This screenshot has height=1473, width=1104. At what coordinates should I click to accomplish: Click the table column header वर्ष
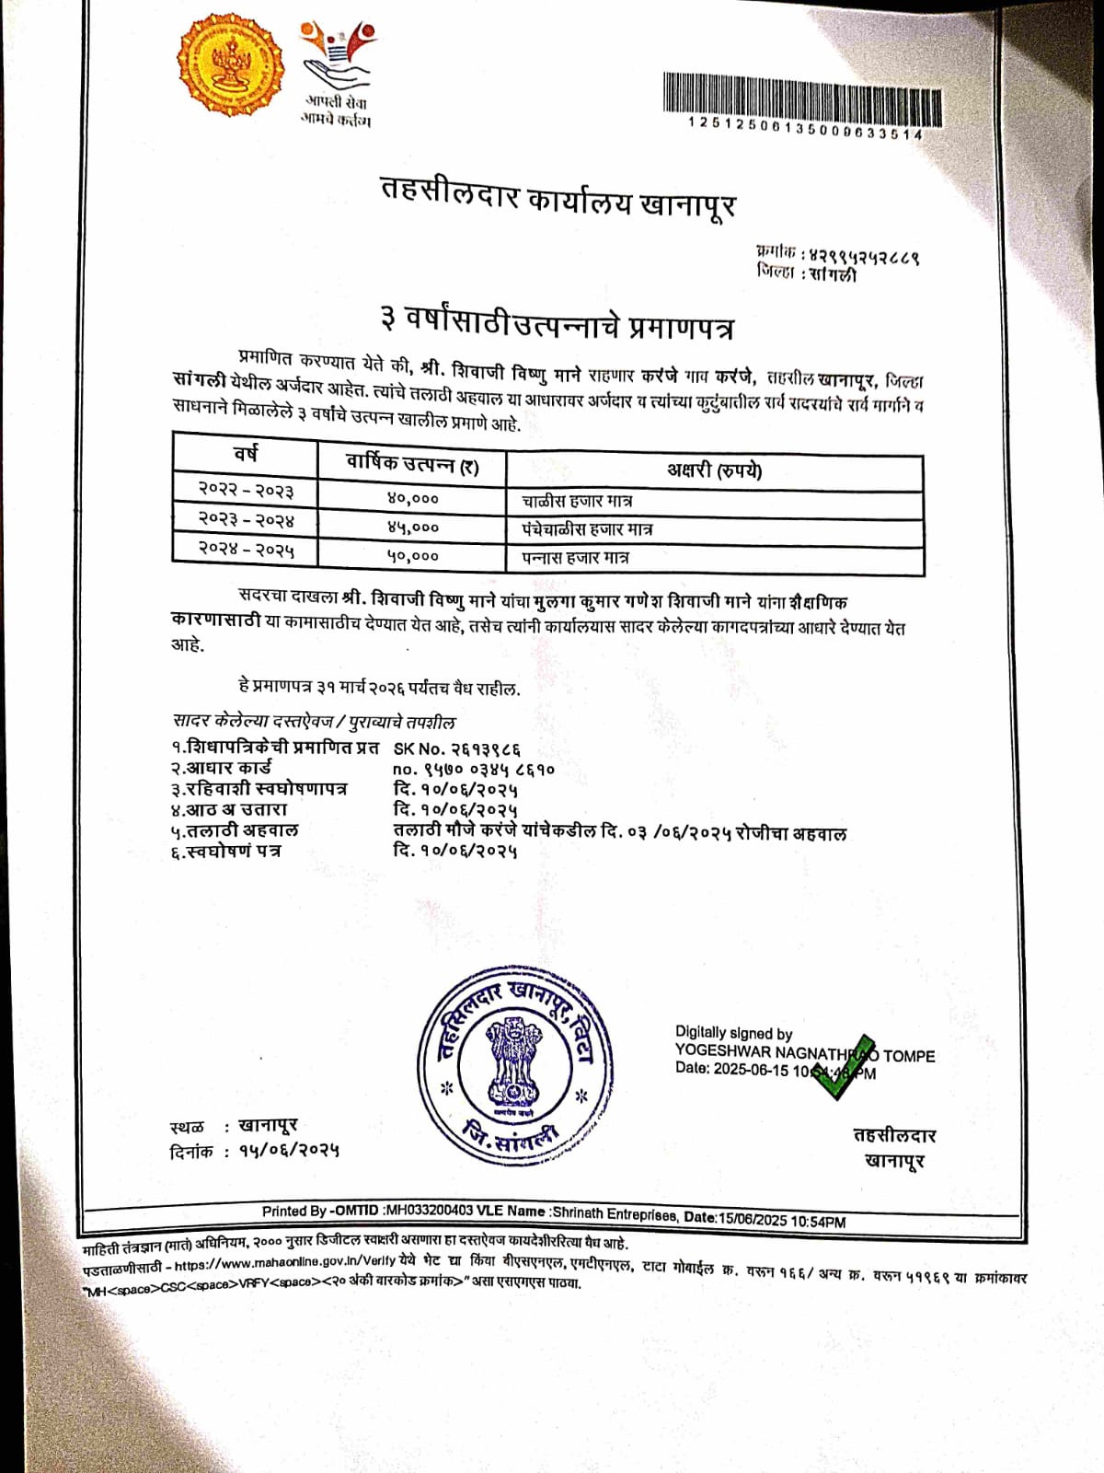245,454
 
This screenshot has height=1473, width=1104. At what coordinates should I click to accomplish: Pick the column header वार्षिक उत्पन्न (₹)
412,464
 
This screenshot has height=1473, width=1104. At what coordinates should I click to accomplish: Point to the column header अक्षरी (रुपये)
714,470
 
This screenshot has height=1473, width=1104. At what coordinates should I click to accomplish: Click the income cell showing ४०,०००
413,498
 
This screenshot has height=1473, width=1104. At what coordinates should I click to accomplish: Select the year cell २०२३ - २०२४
246,520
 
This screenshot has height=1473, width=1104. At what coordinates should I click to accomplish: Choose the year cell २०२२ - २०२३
246,489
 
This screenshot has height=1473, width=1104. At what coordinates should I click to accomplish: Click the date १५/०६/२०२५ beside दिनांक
289,1150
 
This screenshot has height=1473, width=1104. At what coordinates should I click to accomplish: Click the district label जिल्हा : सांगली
806,273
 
